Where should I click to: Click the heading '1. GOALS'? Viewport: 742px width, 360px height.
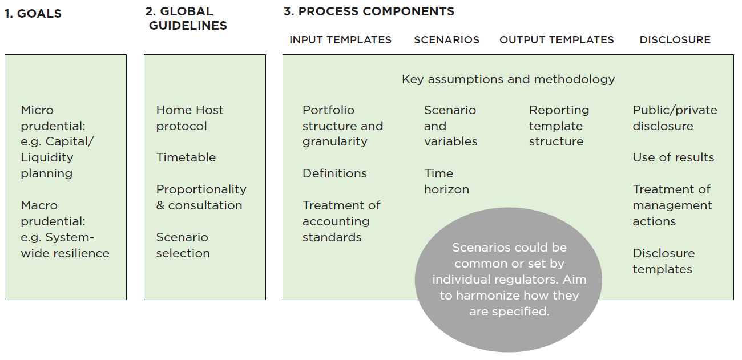33,14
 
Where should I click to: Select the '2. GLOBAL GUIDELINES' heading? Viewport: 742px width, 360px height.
186,18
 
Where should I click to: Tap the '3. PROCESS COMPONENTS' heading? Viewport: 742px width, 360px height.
369,11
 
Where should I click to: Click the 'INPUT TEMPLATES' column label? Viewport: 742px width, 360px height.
340,40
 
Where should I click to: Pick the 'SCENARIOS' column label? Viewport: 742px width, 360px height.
446,40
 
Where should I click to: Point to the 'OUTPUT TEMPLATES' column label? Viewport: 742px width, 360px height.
556,40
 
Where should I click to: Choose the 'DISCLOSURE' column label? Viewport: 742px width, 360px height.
675,40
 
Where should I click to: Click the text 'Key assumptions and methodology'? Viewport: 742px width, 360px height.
508,79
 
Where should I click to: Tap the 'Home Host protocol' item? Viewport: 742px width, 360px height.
189,118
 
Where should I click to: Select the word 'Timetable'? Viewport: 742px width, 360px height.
186,157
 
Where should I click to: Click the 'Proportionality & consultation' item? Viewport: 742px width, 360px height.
201,197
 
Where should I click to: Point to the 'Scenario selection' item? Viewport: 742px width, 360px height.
183,245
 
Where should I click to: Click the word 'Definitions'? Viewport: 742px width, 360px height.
334,173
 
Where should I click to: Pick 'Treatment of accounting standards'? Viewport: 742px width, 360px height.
341,221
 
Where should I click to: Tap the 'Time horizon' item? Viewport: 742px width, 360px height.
446,181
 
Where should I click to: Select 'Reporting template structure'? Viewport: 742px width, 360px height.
559,126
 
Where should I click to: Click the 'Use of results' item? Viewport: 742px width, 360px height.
673,157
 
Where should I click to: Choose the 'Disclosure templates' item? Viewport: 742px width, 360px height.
663,261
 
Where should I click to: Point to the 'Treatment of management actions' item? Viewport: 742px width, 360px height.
672,205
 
